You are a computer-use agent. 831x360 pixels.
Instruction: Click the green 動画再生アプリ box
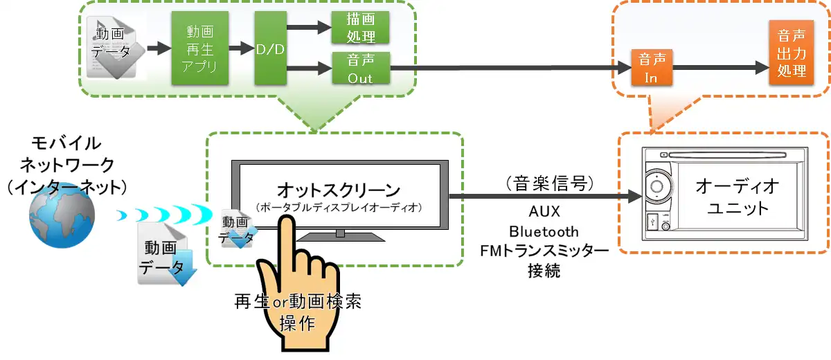(199, 48)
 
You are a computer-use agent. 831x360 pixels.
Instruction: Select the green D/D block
(271, 48)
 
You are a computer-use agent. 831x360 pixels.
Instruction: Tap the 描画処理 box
(360, 28)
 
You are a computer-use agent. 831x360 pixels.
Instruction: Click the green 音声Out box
(360, 69)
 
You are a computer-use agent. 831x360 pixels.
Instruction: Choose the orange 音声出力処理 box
(792, 53)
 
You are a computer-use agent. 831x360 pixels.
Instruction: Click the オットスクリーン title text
(339, 189)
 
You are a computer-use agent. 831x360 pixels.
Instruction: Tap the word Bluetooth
(544, 231)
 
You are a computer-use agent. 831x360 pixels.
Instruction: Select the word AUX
(544, 211)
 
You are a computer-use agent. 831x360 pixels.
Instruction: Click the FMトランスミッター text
(544, 251)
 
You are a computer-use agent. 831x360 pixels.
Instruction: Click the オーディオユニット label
(737, 197)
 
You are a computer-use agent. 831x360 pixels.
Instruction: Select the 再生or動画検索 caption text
(298, 303)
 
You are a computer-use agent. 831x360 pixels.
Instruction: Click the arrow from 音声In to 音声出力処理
(720, 69)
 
